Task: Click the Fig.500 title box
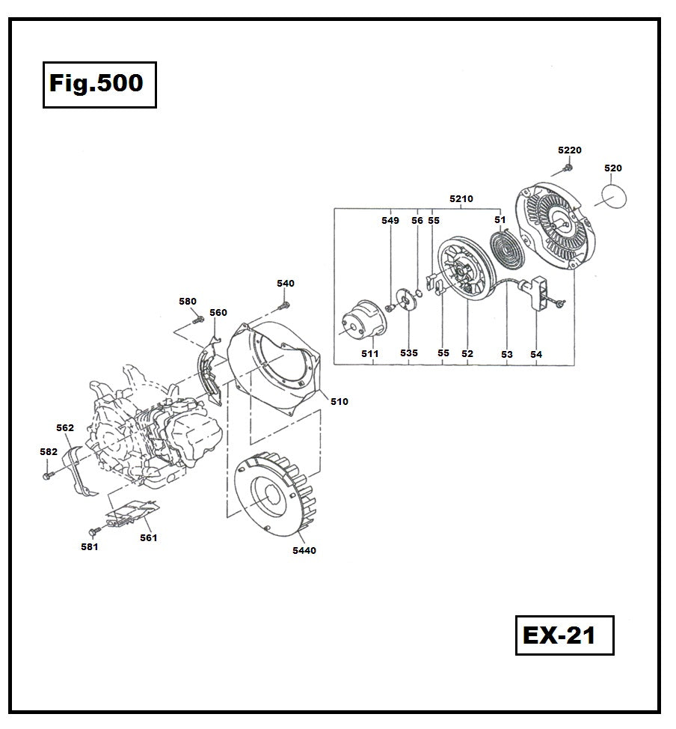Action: (99, 85)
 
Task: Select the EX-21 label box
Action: (564, 635)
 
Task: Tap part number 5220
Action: (569, 150)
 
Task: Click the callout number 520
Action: (612, 168)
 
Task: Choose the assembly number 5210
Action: (461, 199)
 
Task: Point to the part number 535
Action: (408, 353)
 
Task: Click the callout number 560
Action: (218, 312)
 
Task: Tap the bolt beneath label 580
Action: (197, 320)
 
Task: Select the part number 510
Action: (339, 402)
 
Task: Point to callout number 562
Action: (65, 428)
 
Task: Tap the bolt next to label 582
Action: (48, 475)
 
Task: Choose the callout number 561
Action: (148, 537)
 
